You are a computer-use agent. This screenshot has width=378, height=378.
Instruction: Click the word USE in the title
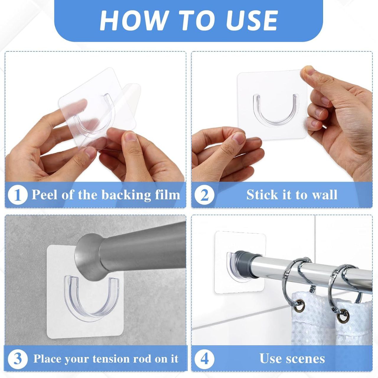[x=252, y=20]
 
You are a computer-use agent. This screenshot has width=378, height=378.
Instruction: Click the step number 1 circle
[x=18, y=195]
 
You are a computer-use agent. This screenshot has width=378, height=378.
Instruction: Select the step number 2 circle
[x=204, y=195]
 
